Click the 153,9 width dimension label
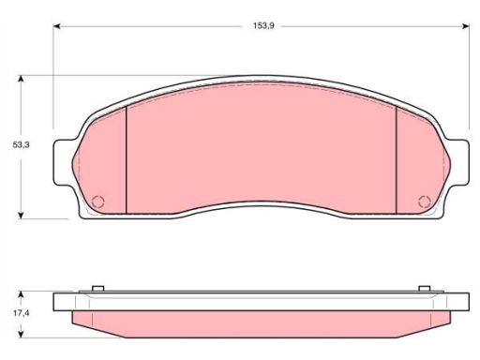pos(263,26)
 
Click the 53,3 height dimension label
pos(21,145)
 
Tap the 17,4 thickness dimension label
pos(21,313)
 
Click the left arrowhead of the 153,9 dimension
pos(56,26)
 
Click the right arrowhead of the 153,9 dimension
pos(466,26)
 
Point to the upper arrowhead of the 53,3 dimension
pos(21,79)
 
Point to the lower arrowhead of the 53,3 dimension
pos(21,216)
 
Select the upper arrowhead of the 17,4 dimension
pos(21,294)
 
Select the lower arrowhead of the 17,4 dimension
pos(21,335)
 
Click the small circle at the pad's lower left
pos(98,202)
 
